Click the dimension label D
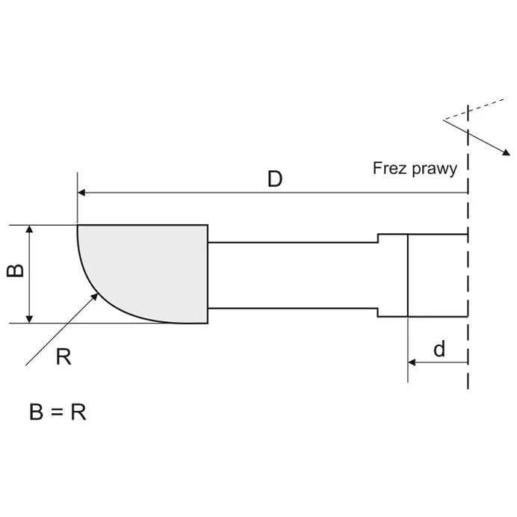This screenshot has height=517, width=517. click(275, 179)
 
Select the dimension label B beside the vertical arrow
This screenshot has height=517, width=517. click(15, 269)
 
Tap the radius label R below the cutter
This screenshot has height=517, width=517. click(64, 356)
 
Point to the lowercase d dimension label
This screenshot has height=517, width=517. click(440, 349)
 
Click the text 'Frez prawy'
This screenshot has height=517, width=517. click(415, 168)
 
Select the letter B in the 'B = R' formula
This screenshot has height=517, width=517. click(37, 412)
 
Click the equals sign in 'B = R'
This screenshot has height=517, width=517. click(58, 412)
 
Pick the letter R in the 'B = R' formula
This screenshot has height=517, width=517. click(78, 412)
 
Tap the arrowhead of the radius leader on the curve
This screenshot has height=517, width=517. click(95, 297)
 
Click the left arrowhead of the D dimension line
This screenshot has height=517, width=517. click(82, 193)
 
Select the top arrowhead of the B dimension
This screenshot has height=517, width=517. click(30, 229)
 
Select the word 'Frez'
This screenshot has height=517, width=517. click(388, 168)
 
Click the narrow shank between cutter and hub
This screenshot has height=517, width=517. click(291, 275)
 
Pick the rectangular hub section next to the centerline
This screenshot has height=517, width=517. click(437, 275)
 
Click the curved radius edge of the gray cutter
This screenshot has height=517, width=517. click(105, 300)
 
